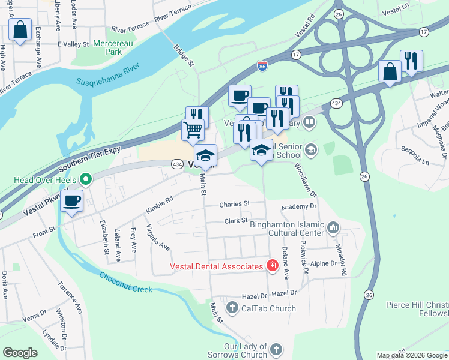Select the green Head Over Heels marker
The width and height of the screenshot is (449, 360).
click(x=86, y=179)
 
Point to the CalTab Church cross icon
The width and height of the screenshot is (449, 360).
click(x=232, y=308)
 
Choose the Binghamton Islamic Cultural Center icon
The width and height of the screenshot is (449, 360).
click(x=334, y=228)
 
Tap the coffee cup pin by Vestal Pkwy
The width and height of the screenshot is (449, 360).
click(x=72, y=201)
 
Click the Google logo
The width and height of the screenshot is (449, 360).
click(x=20, y=353)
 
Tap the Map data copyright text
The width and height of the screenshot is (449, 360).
click(x=412, y=355)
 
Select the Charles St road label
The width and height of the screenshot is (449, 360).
click(x=234, y=204)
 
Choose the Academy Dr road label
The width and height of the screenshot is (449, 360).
click(x=299, y=206)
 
